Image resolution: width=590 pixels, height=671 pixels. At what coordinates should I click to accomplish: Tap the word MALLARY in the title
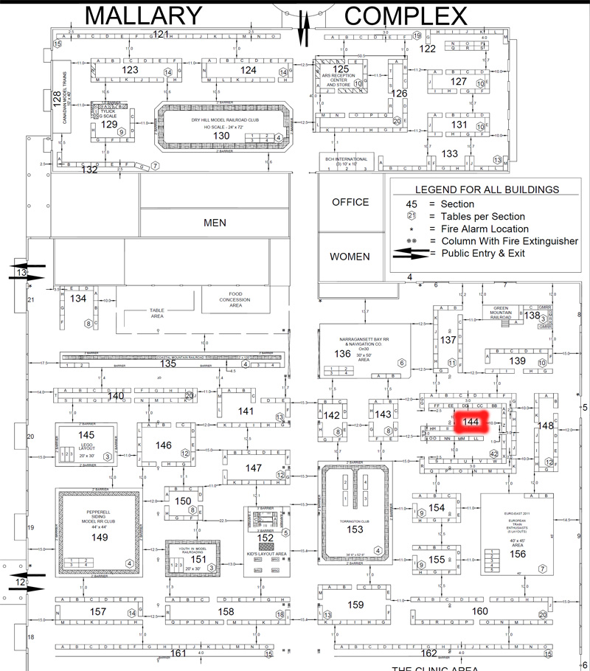coord(144,15)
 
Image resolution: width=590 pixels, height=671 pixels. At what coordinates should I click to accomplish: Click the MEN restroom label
coord(215,222)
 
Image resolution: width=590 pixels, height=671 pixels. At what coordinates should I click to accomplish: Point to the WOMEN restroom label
coord(350,257)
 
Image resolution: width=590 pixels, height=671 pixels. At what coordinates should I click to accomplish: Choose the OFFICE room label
coord(350,201)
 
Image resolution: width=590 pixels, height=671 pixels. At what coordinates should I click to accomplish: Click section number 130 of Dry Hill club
coord(221,136)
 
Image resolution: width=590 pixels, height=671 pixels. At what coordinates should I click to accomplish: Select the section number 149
coord(100,537)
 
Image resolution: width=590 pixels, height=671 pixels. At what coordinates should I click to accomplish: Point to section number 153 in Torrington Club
coord(355,529)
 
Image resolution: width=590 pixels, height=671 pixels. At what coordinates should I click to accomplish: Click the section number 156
coord(518,554)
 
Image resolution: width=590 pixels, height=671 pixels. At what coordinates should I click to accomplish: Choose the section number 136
coord(342,353)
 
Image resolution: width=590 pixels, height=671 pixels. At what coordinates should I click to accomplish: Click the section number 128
coord(57,101)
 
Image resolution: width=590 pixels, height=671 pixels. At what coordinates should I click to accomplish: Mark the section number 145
coord(87,435)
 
